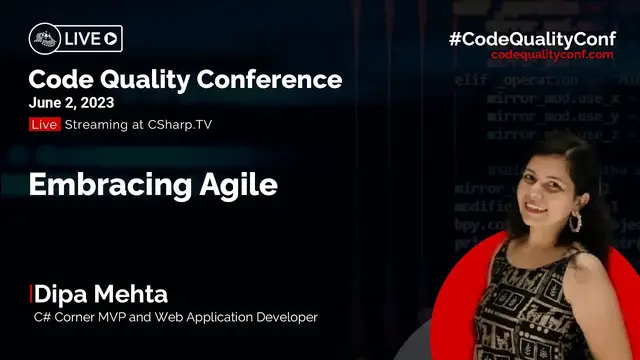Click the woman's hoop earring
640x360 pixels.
click(x=578, y=222)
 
